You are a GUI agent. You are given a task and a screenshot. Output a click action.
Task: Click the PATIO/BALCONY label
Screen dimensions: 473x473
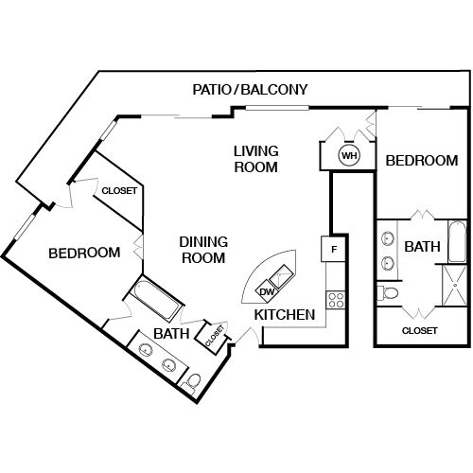tap(250, 90)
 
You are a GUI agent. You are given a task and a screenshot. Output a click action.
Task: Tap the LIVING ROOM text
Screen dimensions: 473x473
tap(255, 159)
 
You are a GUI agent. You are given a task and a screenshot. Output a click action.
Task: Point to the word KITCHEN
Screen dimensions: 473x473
tap(284, 314)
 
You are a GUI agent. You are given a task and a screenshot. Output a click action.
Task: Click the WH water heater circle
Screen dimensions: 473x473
tap(349, 155)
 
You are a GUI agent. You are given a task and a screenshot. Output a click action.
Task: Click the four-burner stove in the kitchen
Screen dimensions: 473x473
tap(335, 300)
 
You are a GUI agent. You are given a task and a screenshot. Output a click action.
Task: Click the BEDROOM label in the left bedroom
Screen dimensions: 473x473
tap(84, 253)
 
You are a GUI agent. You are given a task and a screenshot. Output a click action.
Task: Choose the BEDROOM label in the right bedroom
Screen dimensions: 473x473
tap(421, 161)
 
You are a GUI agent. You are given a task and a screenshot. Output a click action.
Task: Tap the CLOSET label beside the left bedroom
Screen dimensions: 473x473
tap(119, 191)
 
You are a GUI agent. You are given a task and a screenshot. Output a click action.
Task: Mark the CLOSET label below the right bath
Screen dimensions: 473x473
tap(419, 330)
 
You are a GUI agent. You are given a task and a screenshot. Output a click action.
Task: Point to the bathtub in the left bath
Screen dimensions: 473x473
tap(158, 301)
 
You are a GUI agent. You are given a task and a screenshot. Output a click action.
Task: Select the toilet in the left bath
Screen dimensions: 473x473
tap(192, 380)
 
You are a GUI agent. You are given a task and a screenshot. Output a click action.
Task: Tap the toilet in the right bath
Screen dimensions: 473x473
tap(389, 293)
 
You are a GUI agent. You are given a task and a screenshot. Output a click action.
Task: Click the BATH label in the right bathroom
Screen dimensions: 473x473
tap(422, 247)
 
